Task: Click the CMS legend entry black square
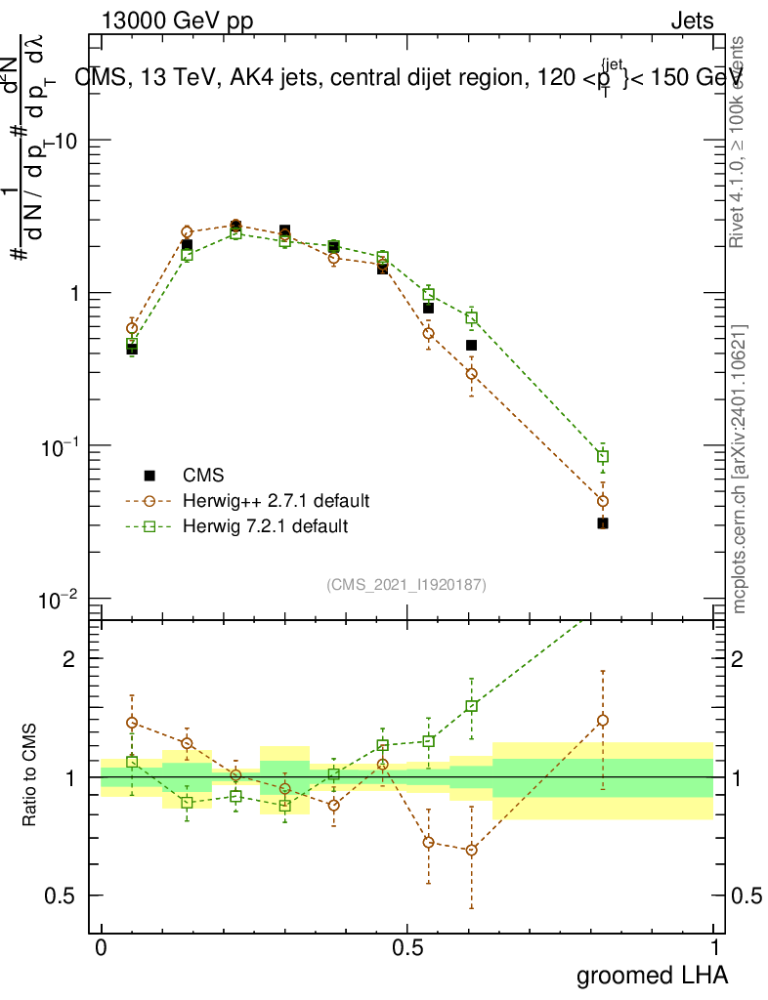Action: [x=149, y=476]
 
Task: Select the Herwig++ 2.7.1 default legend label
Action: [x=276, y=501]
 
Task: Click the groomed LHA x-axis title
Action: [x=652, y=975]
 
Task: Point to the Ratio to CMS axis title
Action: [x=30, y=776]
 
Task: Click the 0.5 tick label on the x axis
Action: [x=407, y=947]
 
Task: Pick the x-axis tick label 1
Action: [x=714, y=947]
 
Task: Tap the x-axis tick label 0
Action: [x=101, y=947]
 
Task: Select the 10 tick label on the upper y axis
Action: [x=65, y=141]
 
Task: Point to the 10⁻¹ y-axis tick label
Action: [x=60, y=445]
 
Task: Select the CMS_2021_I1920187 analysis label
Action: [x=406, y=584]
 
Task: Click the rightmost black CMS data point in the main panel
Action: [x=603, y=523]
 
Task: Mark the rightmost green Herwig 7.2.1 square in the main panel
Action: [x=603, y=456]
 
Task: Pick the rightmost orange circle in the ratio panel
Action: [x=603, y=721]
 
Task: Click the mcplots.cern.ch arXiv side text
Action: [x=741, y=469]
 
